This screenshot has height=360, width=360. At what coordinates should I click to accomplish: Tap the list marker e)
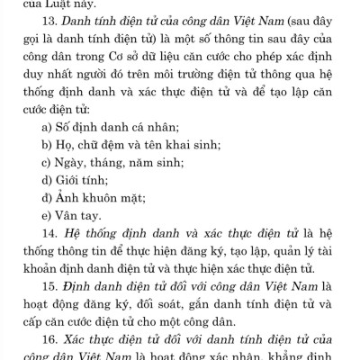pos(46,215)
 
